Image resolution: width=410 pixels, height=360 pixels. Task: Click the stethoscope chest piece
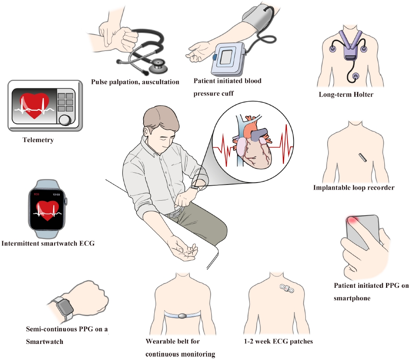point(158,66)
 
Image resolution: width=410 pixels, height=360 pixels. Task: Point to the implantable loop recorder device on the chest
point(363,157)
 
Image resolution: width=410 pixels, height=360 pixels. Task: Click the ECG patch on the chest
point(287,289)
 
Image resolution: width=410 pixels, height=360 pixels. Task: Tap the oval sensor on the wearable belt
point(182,316)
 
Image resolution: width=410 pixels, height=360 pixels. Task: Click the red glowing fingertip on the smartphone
point(352,220)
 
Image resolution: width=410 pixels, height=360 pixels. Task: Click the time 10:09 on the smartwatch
point(56,194)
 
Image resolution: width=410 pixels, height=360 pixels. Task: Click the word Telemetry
point(38,140)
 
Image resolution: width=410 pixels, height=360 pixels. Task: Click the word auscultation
point(160,82)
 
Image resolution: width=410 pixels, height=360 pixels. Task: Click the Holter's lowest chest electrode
point(356,77)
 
